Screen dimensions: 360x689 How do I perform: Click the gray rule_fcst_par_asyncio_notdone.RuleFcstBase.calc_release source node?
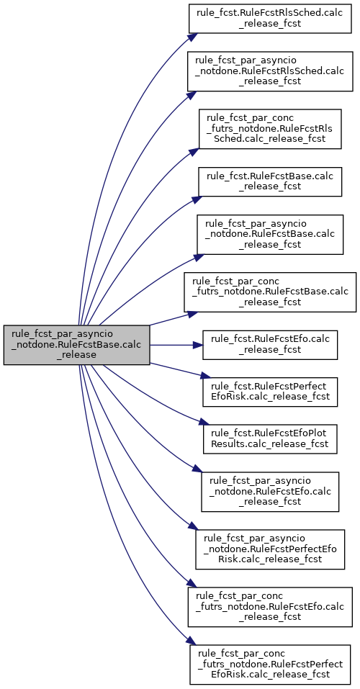[x=77, y=345]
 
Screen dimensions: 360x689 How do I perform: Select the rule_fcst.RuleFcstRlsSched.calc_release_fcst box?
[x=270, y=18]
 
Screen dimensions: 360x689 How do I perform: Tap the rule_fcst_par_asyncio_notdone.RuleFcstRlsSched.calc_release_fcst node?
[x=270, y=71]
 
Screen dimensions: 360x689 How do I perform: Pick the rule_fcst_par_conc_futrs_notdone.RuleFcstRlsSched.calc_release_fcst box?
[x=270, y=129]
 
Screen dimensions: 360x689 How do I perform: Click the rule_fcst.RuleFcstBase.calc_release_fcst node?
[x=270, y=181]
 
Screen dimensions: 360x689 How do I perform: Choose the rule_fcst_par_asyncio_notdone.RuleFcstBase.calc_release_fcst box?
[x=270, y=234]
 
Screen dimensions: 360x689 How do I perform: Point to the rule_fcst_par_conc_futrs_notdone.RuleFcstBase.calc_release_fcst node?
[x=270, y=292]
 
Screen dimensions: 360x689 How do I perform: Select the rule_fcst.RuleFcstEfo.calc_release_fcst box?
[x=270, y=345]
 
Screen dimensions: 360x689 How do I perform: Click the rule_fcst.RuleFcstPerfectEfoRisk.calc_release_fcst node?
[x=270, y=392]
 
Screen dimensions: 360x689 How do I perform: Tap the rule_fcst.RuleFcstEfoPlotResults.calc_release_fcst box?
[x=270, y=439]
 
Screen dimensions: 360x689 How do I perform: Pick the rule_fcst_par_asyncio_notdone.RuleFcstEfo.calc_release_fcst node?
[x=270, y=492]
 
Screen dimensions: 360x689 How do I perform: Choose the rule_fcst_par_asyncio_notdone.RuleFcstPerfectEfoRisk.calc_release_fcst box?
[x=270, y=550]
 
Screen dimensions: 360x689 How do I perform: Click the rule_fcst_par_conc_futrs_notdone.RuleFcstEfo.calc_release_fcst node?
[x=270, y=607]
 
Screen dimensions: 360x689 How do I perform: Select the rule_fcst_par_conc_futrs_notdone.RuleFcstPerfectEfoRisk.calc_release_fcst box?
[x=270, y=665]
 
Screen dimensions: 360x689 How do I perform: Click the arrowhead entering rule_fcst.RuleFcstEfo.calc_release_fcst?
[x=198, y=345]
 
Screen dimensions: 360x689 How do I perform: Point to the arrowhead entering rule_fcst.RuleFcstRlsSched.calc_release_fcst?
[x=189, y=35]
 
